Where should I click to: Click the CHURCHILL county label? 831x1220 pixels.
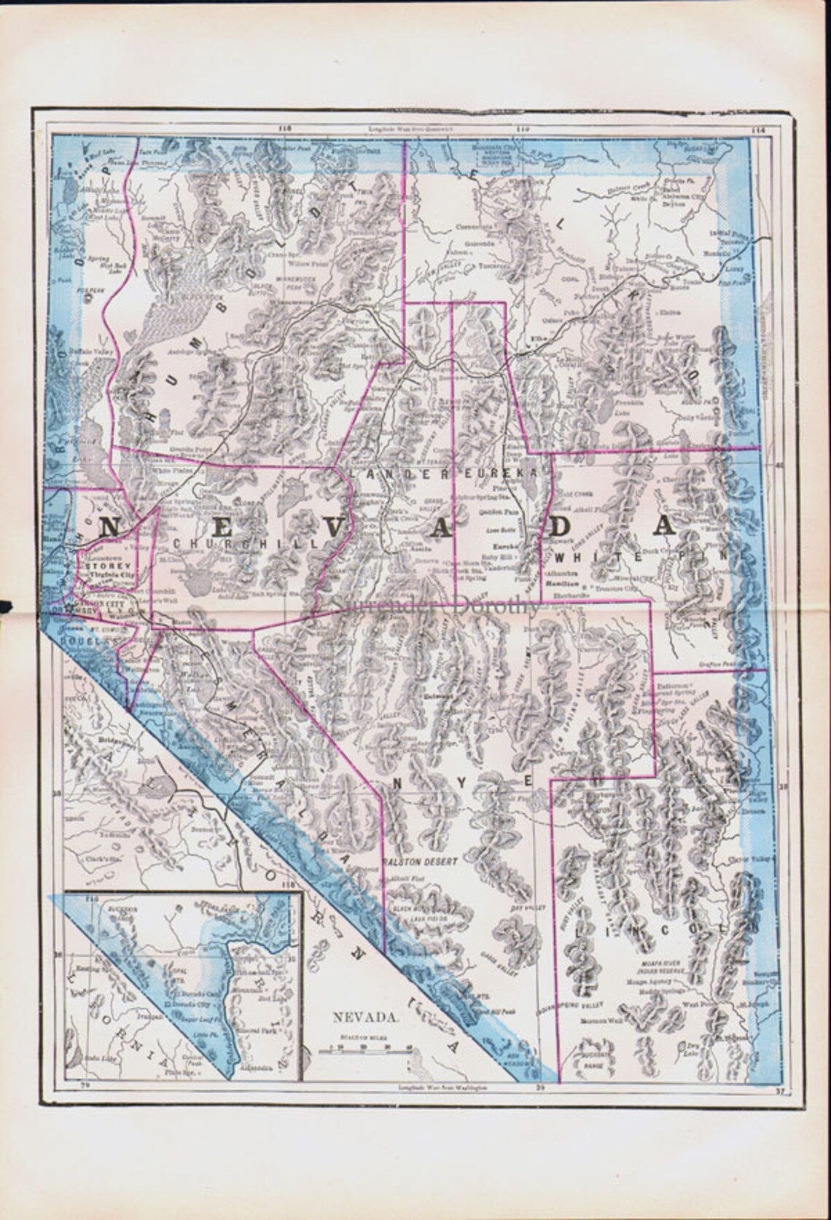tap(240, 544)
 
